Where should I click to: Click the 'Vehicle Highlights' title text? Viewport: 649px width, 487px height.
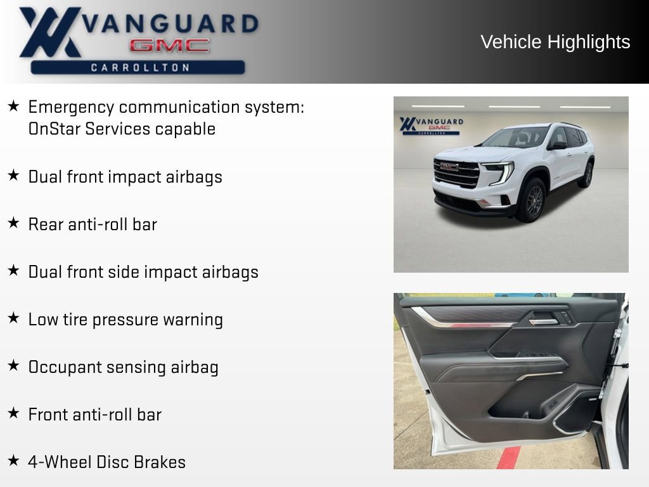[555, 42]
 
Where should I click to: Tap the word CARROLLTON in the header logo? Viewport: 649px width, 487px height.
[140, 67]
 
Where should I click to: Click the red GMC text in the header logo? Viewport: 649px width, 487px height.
[169, 46]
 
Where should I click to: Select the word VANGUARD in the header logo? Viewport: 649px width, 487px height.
[170, 23]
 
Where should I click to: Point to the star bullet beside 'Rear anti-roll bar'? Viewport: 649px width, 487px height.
[13, 223]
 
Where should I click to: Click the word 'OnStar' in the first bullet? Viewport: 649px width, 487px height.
[55, 129]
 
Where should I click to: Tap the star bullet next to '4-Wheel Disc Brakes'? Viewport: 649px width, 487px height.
[13, 460]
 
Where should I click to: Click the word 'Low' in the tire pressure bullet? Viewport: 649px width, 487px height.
[43, 320]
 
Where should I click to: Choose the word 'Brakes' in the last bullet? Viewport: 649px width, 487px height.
[162, 462]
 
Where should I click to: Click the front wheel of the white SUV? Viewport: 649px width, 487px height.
[531, 200]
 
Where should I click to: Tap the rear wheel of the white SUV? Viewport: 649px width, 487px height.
[586, 174]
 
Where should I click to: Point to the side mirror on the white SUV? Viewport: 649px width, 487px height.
[558, 145]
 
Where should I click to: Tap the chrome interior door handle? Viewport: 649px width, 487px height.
[543, 321]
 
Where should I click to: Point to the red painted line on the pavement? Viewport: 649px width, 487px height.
[509, 457]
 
